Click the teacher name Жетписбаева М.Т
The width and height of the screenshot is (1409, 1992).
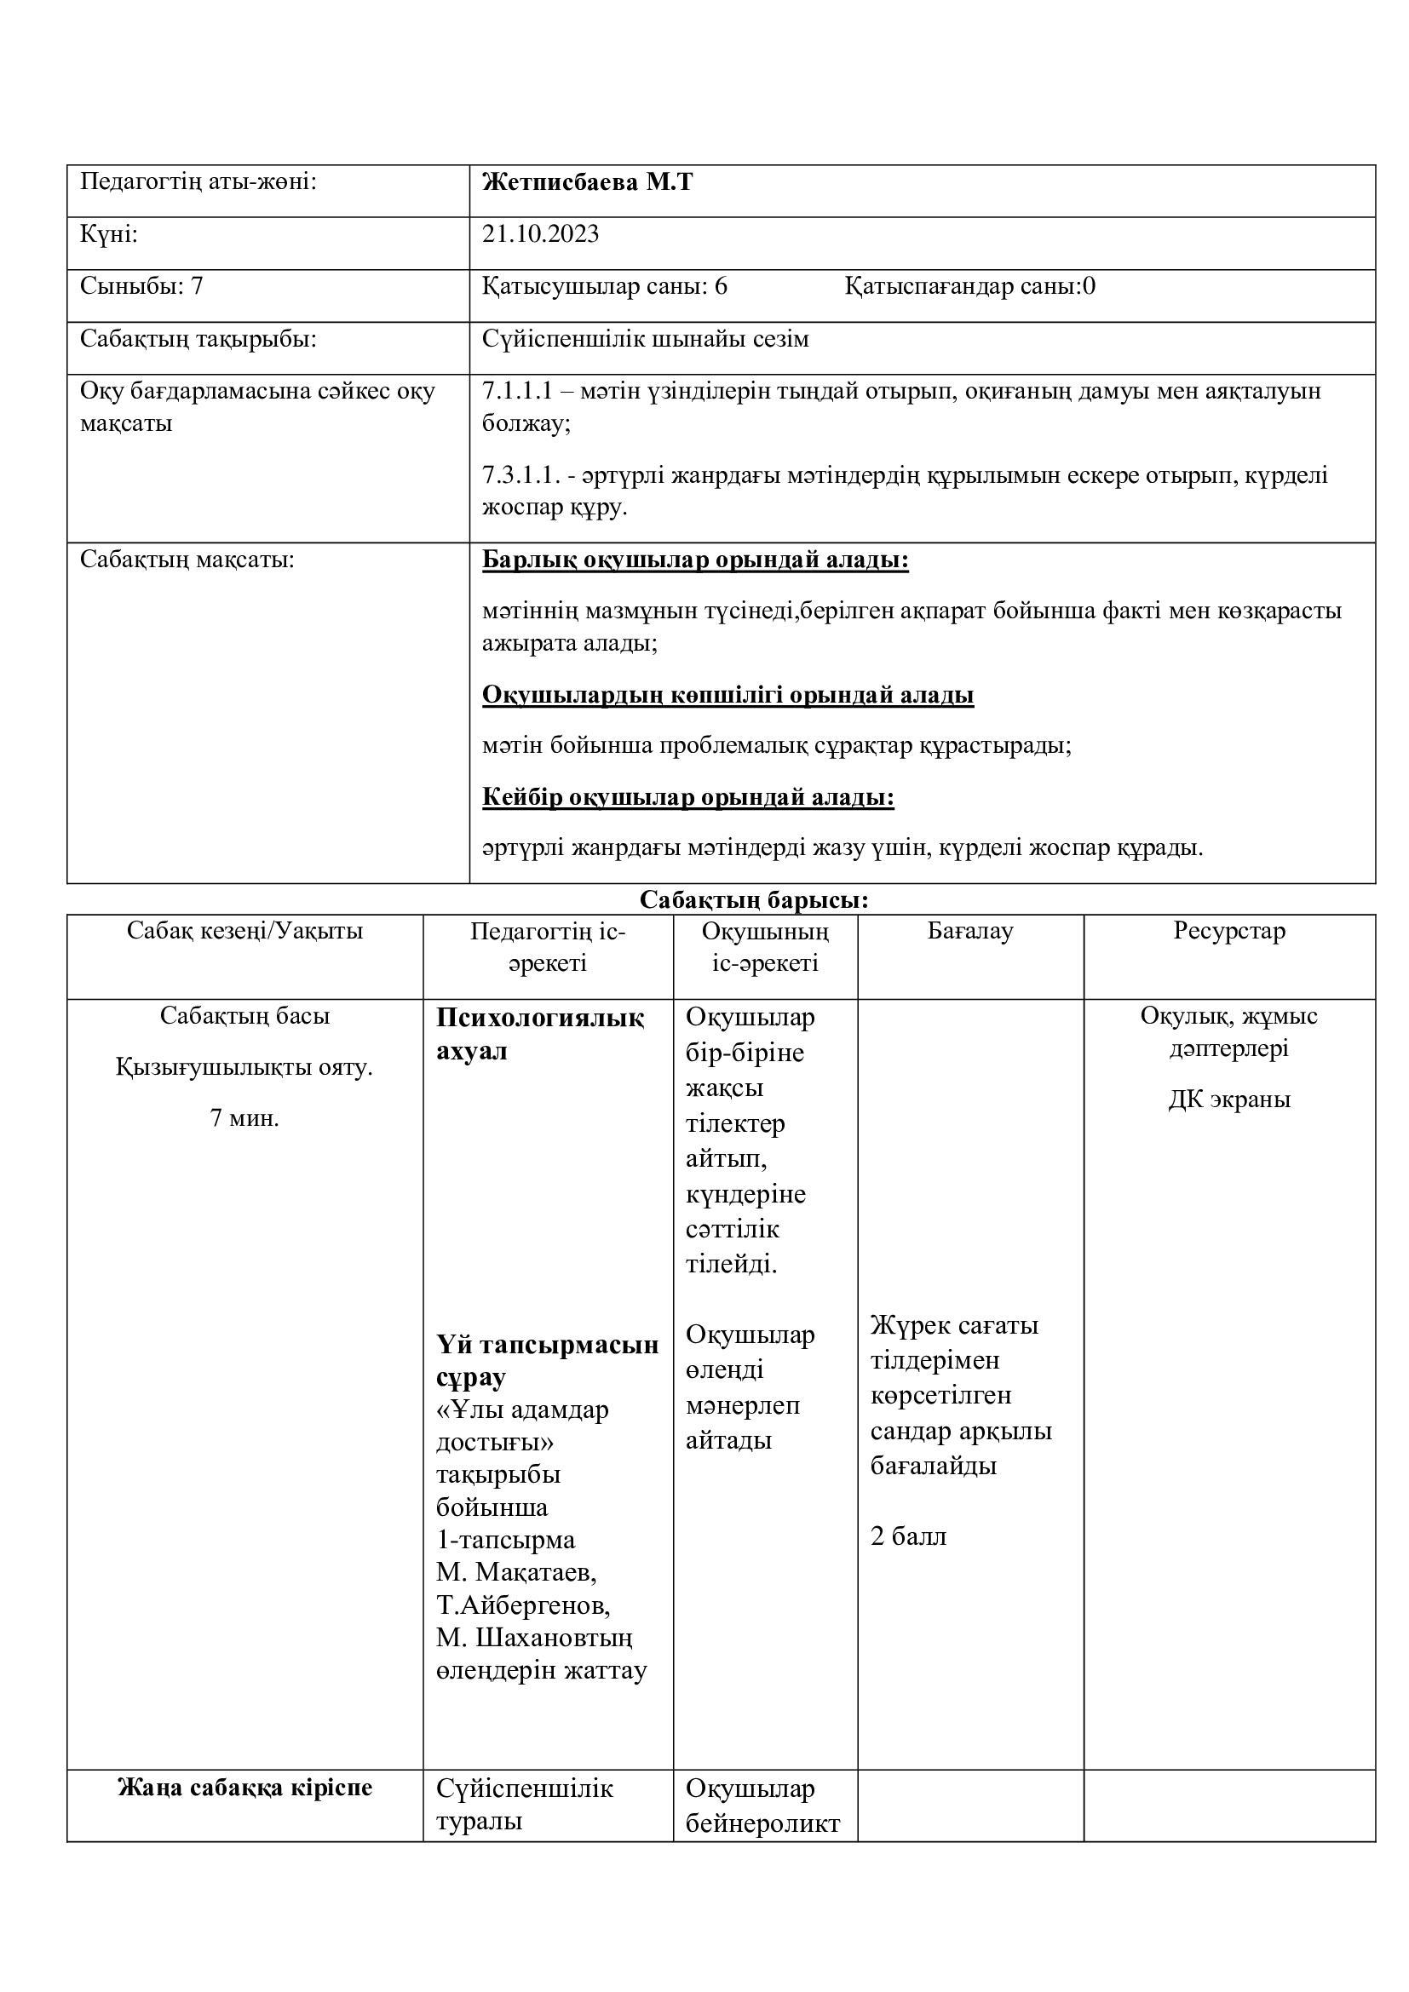pyautogui.click(x=588, y=183)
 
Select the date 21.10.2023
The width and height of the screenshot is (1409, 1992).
pyautogui.click(x=541, y=235)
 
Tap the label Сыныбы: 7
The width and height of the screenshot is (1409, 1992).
pyautogui.click(x=141, y=286)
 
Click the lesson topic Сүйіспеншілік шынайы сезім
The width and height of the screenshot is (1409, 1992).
pyautogui.click(x=646, y=339)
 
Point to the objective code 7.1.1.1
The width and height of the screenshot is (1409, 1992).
pyautogui.click(x=517, y=391)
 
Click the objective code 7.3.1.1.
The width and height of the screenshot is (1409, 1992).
pyautogui.click(x=520, y=475)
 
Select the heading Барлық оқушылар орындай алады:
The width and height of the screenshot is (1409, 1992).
pyautogui.click(x=695, y=560)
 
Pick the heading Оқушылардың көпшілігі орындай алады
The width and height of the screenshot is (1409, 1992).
pyautogui.click(x=728, y=695)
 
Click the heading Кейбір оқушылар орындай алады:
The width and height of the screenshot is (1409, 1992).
pyautogui.click(x=688, y=797)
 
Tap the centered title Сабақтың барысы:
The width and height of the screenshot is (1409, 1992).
pyautogui.click(x=754, y=900)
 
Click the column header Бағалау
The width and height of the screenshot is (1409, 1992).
pyautogui.click(x=970, y=932)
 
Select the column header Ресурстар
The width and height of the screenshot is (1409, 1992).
pyautogui.click(x=1228, y=932)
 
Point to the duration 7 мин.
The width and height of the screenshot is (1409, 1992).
pyautogui.click(x=244, y=1118)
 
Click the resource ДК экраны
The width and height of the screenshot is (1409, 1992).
pyautogui.click(x=1228, y=1100)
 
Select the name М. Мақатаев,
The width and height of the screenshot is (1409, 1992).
pyautogui.click(x=516, y=1571)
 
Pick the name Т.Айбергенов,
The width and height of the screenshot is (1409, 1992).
pyautogui.click(x=523, y=1605)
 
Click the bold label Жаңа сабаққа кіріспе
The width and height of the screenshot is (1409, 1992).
pyautogui.click(x=244, y=1788)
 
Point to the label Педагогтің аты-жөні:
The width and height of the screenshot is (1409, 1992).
pyautogui.click(x=198, y=183)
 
